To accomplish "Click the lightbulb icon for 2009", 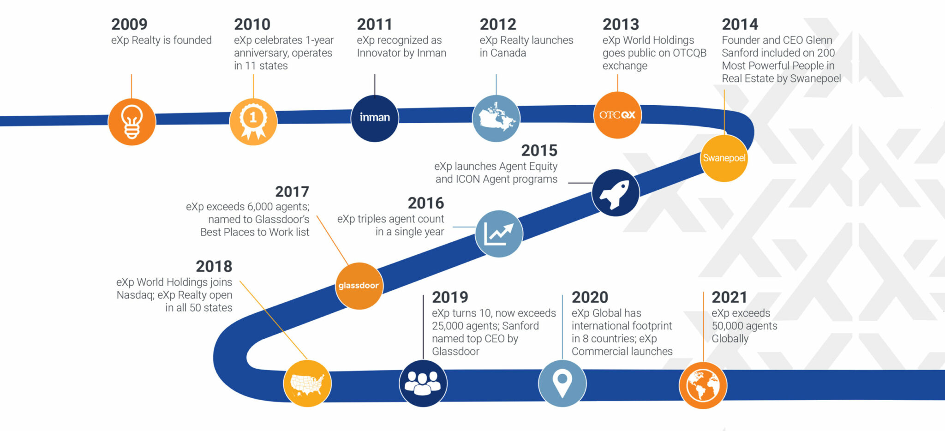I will pos(132,122).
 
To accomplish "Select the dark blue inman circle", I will pos(375,118).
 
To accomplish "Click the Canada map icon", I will pos(496,118).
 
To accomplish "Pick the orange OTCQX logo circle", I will pos(617,115).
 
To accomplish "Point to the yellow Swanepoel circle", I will pos(724,158).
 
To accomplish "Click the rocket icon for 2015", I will pos(616,193).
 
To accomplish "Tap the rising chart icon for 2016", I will pos(499,233).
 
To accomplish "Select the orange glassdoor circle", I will pos(359,286).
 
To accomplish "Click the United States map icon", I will pos(307,383).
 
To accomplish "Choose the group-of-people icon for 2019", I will pos(423,383).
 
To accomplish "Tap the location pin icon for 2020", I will pos(562,383).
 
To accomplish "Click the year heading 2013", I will pos(621,24).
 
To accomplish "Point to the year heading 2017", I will pos(292,192).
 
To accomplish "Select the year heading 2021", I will pos(729,297).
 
